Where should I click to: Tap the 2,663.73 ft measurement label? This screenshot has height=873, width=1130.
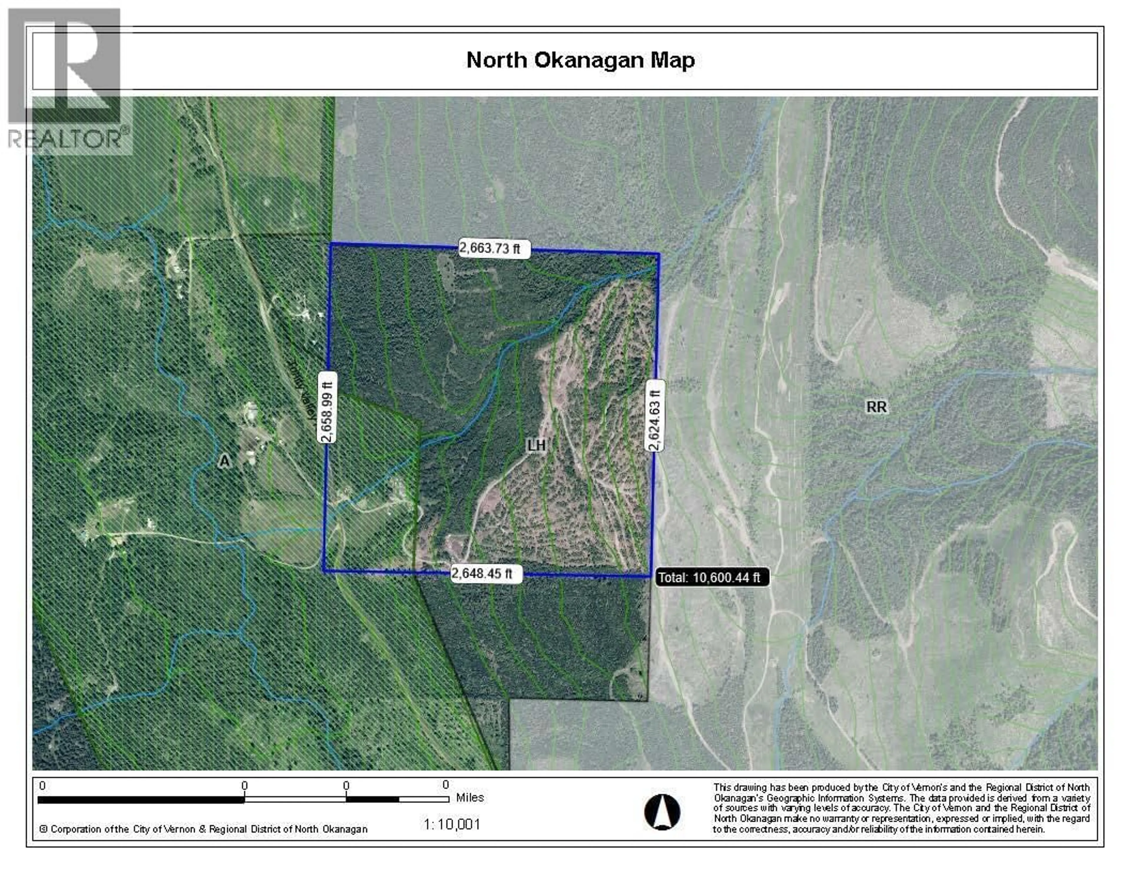tap(489, 248)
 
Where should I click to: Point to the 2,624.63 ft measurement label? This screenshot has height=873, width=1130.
tap(654, 415)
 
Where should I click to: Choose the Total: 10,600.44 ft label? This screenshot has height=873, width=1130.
tap(712, 578)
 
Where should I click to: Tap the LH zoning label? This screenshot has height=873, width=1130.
tap(536, 445)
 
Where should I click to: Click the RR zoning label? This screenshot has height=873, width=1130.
tap(876, 407)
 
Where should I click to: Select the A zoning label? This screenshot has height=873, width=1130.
tap(224, 460)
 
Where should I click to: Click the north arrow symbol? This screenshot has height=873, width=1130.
tap(662, 812)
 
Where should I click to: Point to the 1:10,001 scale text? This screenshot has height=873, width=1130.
tap(452, 824)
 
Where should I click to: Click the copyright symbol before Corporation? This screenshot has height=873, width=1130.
tap(44, 829)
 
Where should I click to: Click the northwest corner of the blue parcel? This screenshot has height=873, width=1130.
tap(331, 243)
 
